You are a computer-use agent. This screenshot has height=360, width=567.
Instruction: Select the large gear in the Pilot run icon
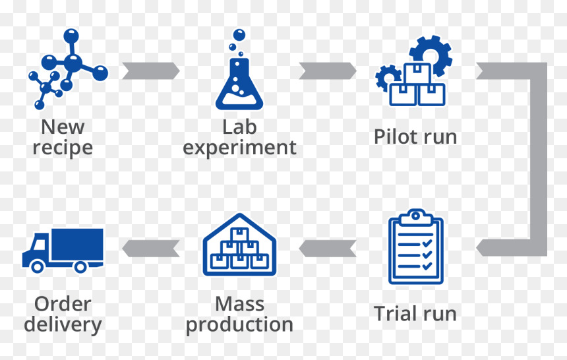point(431,56)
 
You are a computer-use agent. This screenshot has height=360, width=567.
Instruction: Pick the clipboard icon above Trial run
point(416,247)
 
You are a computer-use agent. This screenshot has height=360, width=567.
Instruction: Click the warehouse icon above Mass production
point(239,245)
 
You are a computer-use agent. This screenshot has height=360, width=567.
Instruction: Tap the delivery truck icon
point(63,251)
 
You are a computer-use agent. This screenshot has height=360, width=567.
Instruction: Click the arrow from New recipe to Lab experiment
point(151,71)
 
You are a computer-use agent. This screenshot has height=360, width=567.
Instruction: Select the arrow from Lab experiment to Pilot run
point(328,71)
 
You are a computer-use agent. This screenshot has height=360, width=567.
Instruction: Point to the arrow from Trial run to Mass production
point(328,248)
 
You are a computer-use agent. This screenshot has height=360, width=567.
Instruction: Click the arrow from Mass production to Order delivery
point(151,248)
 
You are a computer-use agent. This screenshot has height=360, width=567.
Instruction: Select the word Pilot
point(393,136)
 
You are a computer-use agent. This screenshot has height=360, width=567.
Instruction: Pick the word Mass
point(239,304)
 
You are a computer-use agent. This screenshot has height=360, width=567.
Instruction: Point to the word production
point(239,325)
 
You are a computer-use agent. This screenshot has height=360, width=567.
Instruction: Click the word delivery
point(63,325)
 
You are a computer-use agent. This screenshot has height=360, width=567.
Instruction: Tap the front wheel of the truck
point(37,266)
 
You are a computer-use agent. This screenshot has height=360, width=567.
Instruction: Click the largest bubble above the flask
point(239,36)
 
